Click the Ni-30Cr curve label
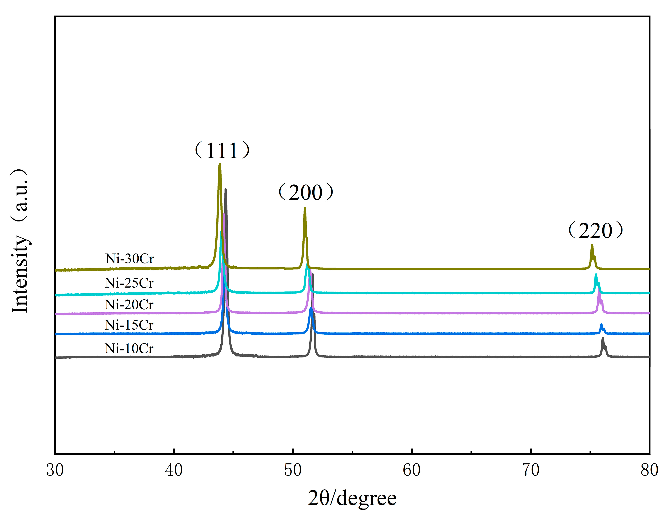click(130, 259)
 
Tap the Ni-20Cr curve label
click(129, 305)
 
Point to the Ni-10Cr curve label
click(129, 348)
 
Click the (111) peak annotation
click(222, 150)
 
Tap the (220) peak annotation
click(595, 231)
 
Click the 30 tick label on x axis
click(55, 470)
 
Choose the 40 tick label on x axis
click(174, 470)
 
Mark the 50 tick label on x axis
click(293, 470)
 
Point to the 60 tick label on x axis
click(412, 470)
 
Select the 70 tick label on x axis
click(531, 470)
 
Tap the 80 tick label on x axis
click(649, 470)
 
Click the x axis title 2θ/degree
click(352, 498)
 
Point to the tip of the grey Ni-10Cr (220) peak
click(603, 338)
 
